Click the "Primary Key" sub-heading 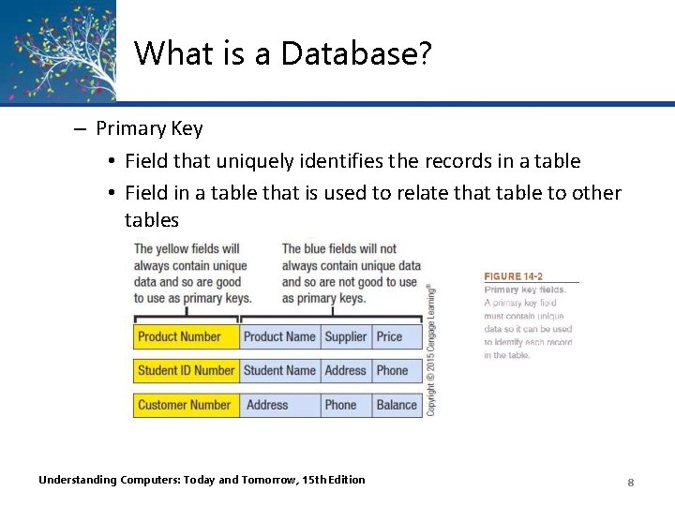(x=148, y=128)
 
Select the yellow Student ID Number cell (x=186, y=371)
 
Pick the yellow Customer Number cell (x=186, y=405)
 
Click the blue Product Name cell (x=279, y=337)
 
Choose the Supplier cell (x=346, y=337)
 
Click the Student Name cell (x=279, y=371)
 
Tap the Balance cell (x=397, y=405)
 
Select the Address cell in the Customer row (x=279, y=405)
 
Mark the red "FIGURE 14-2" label (x=513, y=276)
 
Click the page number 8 (x=631, y=482)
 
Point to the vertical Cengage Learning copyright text (x=431, y=350)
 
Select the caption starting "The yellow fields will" (x=192, y=273)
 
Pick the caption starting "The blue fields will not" (x=350, y=273)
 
